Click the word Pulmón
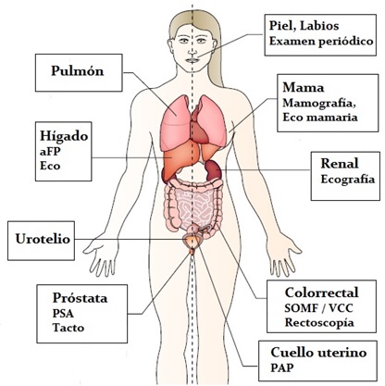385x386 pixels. [x=78, y=71]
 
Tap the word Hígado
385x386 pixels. [x=64, y=136]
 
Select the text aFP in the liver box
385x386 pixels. [x=50, y=152]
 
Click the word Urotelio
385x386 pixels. [x=43, y=239]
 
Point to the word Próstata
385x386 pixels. [x=81, y=298]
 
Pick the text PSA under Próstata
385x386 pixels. [x=63, y=313]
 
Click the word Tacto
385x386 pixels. [x=68, y=328]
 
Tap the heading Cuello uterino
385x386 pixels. [x=318, y=352]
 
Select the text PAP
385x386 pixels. [x=282, y=367]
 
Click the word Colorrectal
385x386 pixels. [x=322, y=293]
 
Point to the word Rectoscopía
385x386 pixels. [x=319, y=322]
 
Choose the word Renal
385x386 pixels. [x=340, y=163]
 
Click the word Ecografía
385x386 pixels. [x=348, y=180]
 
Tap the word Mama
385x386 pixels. [x=304, y=88]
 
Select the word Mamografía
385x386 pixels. [x=319, y=103]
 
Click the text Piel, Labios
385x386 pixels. [x=304, y=26]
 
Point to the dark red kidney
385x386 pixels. [x=214, y=170]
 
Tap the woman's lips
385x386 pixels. [x=192, y=60]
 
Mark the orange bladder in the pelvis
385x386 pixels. [x=192, y=240]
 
